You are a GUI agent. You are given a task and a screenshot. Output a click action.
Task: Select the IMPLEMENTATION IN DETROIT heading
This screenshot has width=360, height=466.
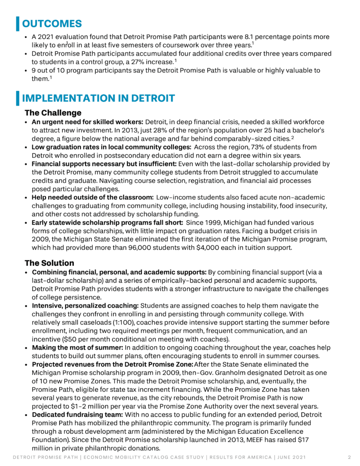pos(98,98)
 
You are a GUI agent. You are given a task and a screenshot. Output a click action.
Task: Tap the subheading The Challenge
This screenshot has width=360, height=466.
pos(53,112)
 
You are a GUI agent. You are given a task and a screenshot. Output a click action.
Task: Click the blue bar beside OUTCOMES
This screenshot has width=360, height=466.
pos(18,23)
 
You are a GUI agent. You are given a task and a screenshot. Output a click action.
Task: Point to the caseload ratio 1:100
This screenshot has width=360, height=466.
pos(112,322)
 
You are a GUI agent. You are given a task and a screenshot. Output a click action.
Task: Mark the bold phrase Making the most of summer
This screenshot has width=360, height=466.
pos(76,348)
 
